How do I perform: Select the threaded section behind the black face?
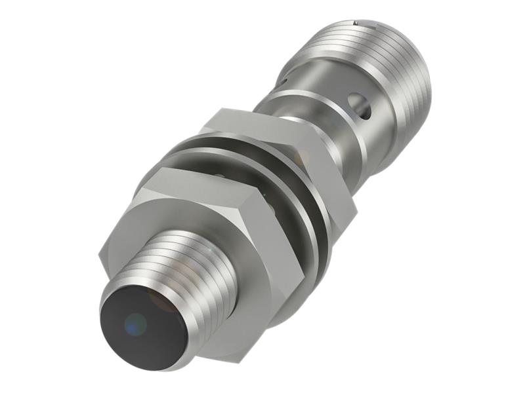[x=190, y=269]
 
